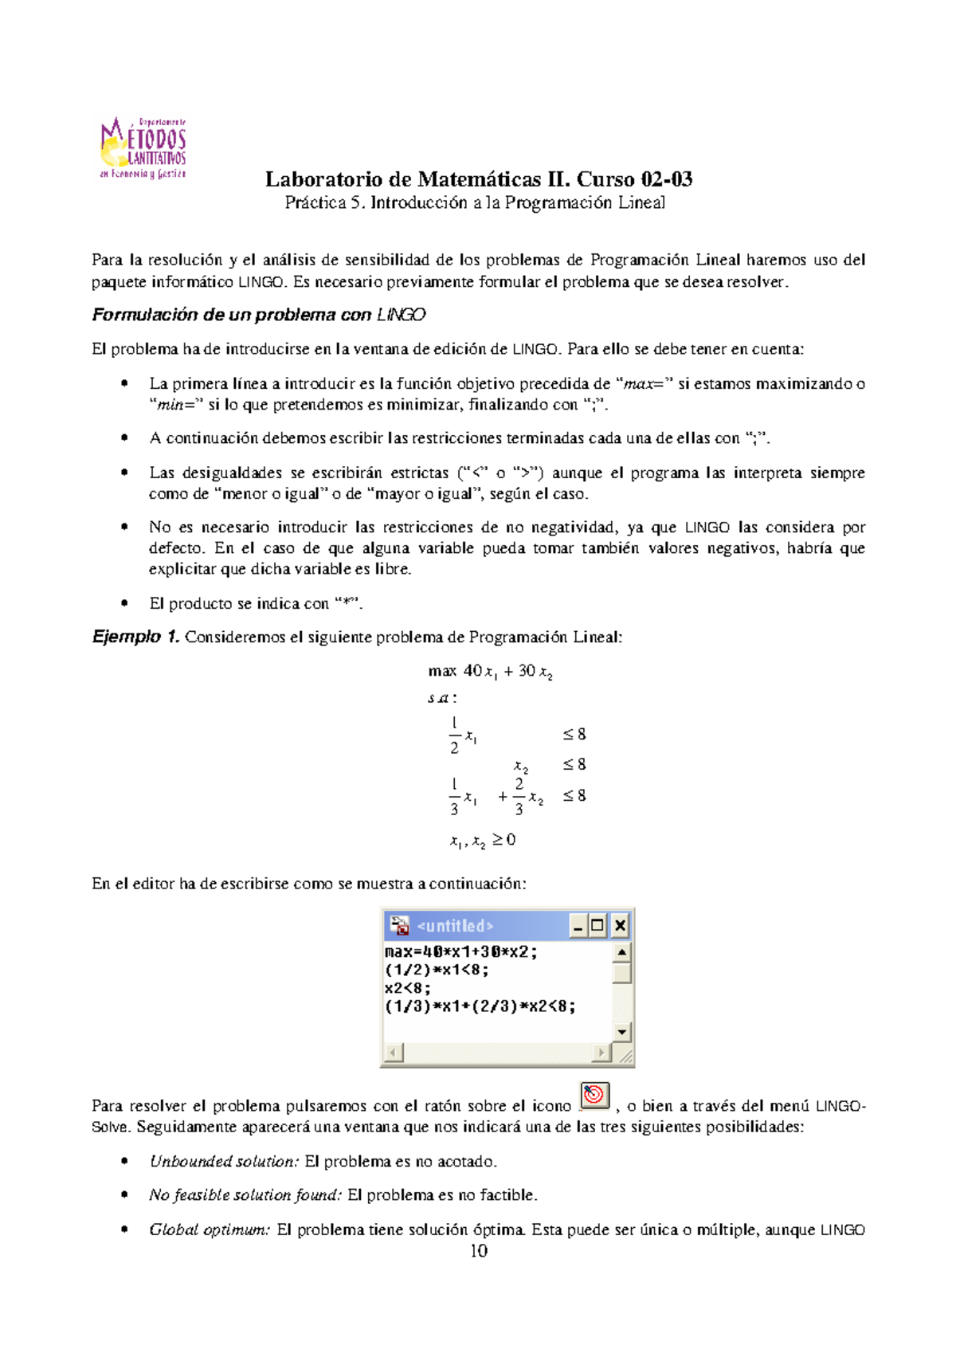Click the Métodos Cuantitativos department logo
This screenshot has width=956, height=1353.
pyautogui.click(x=143, y=148)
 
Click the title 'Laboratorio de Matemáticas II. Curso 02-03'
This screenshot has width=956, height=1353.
pyautogui.click(x=478, y=178)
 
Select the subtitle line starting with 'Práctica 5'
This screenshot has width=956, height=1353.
pyautogui.click(x=475, y=203)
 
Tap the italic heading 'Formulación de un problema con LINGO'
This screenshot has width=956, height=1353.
pyautogui.click(x=258, y=315)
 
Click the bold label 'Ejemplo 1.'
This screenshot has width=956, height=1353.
pyautogui.click(x=135, y=637)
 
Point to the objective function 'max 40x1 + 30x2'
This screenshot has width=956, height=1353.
pyautogui.click(x=490, y=672)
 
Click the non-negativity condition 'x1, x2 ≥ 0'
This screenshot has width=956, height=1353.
pyautogui.click(x=482, y=840)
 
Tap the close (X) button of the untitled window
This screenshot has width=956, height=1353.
pyautogui.click(x=619, y=926)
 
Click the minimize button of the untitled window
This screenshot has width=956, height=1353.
pyautogui.click(x=578, y=926)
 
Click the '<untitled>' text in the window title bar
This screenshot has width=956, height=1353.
pyautogui.click(x=455, y=926)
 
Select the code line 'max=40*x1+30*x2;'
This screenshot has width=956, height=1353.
pyautogui.click(x=460, y=952)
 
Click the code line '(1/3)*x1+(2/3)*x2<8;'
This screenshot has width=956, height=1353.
pyautogui.click(x=480, y=1006)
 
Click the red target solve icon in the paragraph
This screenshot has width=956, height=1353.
pyautogui.click(x=594, y=1096)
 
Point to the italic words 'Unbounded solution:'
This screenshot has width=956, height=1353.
pyautogui.click(x=224, y=1162)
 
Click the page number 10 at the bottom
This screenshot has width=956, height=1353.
pyautogui.click(x=478, y=1251)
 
